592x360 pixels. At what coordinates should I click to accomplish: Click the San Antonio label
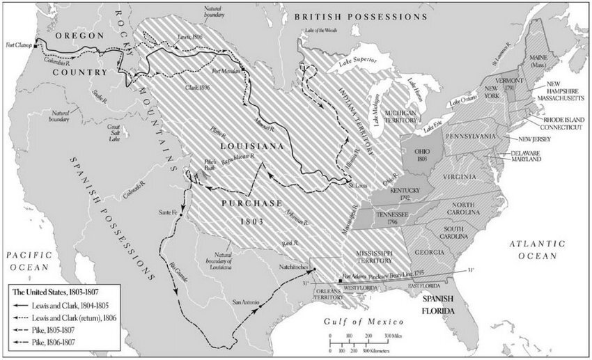(x=245, y=302)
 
